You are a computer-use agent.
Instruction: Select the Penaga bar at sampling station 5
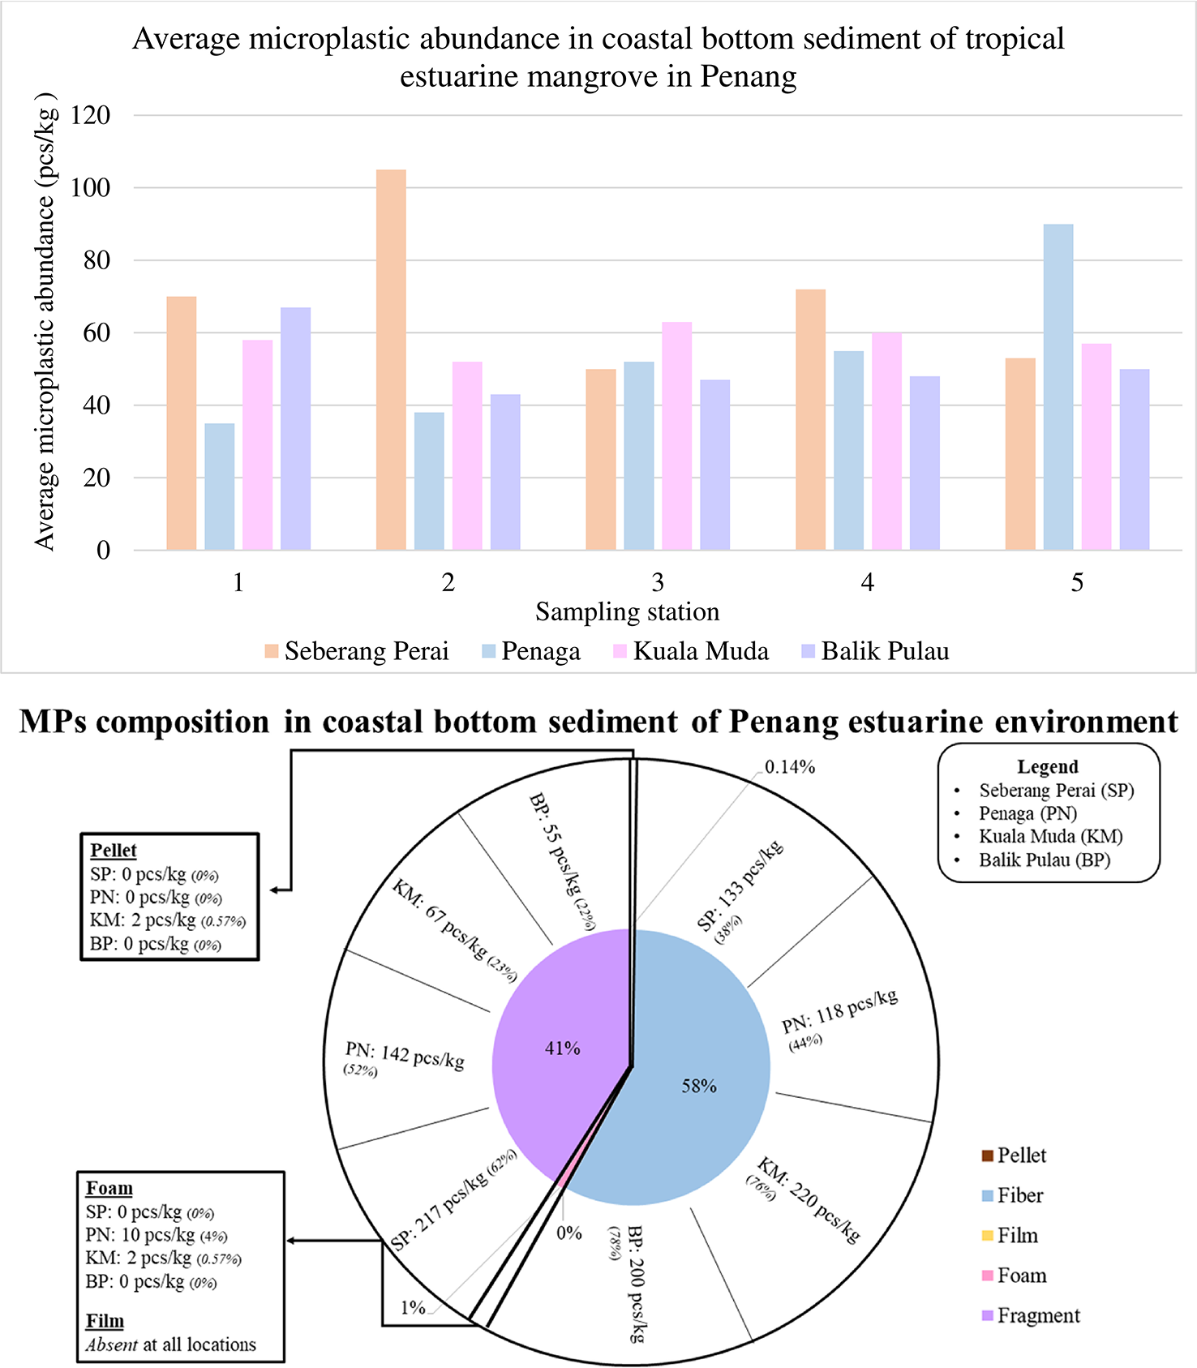point(1058,387)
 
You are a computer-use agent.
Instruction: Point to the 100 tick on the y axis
point(90,187)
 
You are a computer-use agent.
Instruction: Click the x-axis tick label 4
point(867,582)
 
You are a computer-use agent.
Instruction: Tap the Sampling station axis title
point(627,611)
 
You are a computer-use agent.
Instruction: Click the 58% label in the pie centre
point(698,1086)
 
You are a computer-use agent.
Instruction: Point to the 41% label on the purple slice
point(562,1049)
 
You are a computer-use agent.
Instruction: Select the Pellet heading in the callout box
point(114,850)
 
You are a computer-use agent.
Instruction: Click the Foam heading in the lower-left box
point(109,1188)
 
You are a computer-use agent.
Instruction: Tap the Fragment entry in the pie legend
point(1038,1315)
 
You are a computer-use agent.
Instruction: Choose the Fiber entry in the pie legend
point(1019,1195)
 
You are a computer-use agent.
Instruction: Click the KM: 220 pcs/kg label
point(807,1200)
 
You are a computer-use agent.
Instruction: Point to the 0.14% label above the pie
point(789,767)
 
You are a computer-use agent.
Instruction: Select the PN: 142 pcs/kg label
point(405,1057)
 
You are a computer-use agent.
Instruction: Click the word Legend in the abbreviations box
point(1048,766)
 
